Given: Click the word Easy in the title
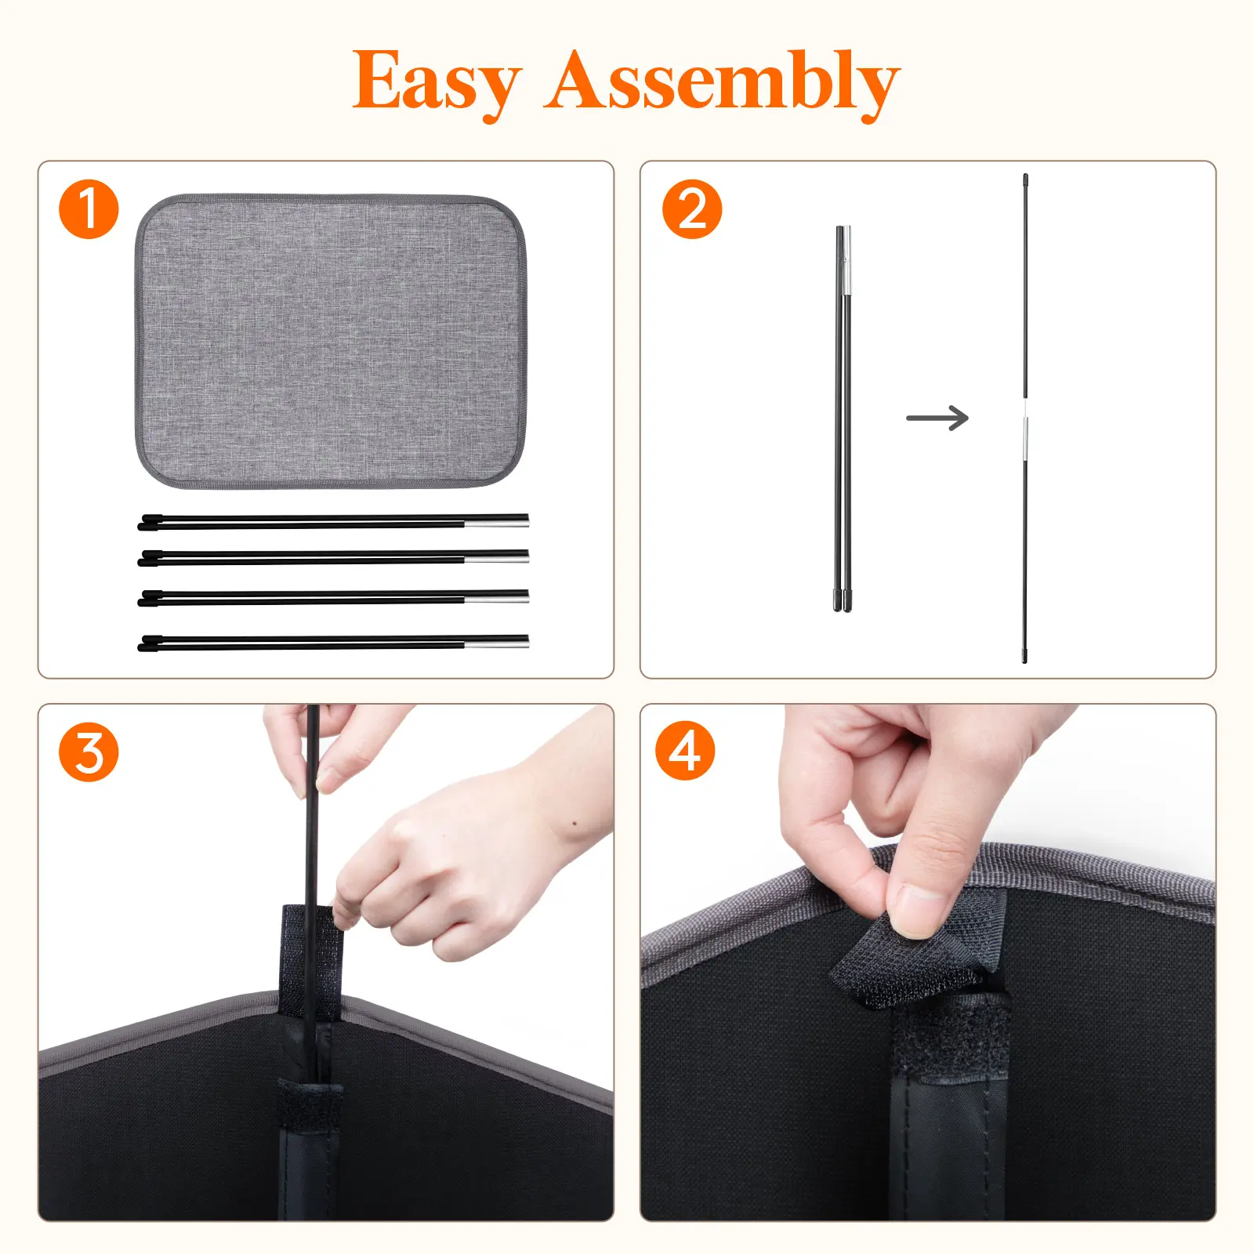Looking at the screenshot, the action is (436, 82).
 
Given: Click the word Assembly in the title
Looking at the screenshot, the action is (722, 82).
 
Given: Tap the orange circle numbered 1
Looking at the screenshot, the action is (89, 209).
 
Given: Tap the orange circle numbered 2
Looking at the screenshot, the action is (691, 209).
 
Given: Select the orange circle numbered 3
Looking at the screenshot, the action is (89, 752).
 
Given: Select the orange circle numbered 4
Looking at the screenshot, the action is (685, 751).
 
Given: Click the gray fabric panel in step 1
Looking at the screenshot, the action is (331, 342).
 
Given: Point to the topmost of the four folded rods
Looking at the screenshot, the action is (333, 521).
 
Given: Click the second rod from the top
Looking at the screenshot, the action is (333, 557).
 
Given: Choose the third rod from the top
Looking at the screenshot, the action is (333, 599).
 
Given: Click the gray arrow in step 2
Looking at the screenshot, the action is (937, 418).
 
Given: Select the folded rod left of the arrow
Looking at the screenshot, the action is (843, 419).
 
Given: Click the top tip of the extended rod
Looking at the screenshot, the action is (1025, 175).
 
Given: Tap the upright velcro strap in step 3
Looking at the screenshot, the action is (310, 961).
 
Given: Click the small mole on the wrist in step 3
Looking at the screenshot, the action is (575, 824).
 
